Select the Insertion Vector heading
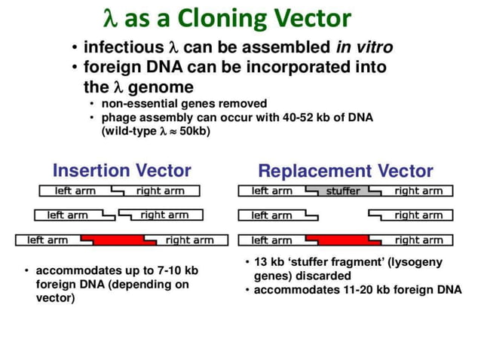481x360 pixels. [121, 170]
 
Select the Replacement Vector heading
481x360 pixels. [345, 171]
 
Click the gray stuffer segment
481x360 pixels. [343, 191]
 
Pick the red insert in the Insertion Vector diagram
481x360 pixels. [118, 240]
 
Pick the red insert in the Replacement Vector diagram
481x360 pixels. [343, 240]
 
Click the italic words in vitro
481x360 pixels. [365, 48]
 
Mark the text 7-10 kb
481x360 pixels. [178, 270]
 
